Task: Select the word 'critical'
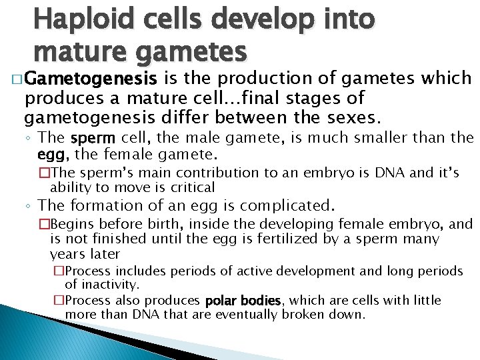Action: [193, 187]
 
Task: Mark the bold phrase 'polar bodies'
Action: [243, 301]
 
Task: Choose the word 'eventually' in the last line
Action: [251, 314]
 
